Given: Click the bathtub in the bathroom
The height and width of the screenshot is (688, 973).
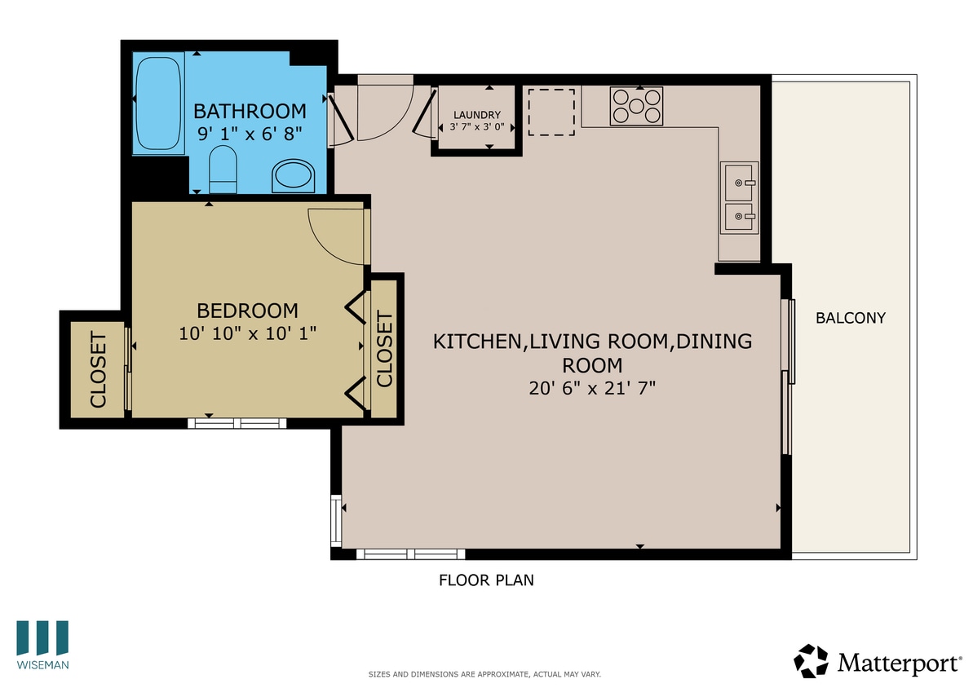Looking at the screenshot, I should tap(160, 104).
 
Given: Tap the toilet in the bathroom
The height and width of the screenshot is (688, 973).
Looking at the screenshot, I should tap(223, 170).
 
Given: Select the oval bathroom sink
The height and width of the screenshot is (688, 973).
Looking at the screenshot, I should tap(293, 174).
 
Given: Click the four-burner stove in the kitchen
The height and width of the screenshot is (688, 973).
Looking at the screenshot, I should tap(636, 106).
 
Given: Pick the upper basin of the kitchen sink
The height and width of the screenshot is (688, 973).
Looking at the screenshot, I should tap(740, 183).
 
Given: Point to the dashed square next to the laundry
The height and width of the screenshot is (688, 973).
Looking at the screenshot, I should tap(551, 112).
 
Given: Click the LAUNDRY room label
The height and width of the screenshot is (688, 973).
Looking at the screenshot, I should tap(476, 115).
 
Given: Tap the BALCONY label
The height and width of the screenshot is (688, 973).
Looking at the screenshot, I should tap(850, 318).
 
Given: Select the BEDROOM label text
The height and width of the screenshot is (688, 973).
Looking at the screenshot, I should tap(247, 311).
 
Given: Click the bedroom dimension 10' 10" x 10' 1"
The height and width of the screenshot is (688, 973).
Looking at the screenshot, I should tap(247, 333).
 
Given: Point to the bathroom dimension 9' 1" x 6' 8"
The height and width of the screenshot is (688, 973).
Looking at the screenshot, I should tap(250, 133).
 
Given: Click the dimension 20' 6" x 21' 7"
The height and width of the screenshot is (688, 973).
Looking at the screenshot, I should tap(592, 388).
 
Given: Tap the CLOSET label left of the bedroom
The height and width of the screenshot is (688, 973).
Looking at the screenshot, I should tap(97, 370).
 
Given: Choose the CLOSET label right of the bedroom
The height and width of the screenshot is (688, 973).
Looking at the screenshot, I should tap(384, 350).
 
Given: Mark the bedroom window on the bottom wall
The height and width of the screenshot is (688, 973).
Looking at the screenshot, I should tap(237, 422).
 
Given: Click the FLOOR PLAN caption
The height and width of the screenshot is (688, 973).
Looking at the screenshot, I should tap(486, 580).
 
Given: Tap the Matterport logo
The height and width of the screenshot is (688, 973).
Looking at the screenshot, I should tap(877, 661).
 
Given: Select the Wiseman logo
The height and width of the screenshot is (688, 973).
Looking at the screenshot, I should tap(42, 644).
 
